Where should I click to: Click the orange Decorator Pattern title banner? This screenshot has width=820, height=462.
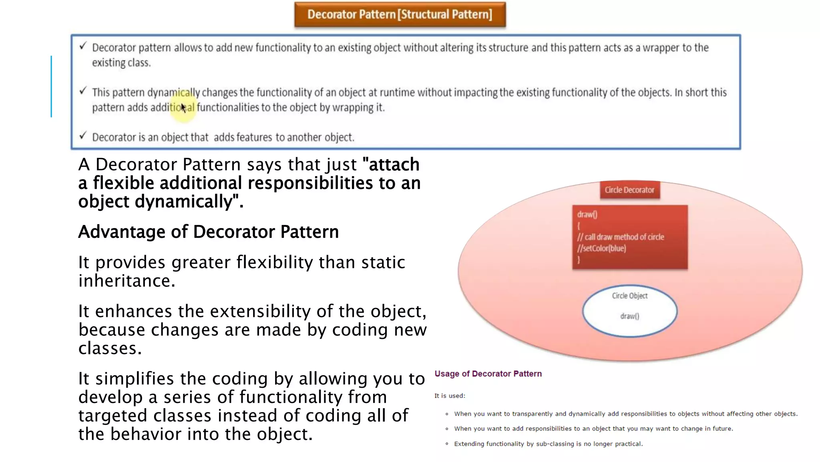point(400,14)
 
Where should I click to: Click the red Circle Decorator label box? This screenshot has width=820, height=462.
point(629,190)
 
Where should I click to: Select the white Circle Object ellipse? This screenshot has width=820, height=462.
point(629,311)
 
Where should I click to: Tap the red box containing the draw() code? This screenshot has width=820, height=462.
point(629,237)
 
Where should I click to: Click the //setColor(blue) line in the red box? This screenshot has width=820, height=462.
point(601,248)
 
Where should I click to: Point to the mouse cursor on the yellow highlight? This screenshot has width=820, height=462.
point(183,107)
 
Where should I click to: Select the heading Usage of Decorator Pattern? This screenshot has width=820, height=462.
point(488,374)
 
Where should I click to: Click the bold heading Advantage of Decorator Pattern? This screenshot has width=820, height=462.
point(208,232)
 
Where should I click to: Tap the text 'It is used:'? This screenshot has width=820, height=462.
point(450,396)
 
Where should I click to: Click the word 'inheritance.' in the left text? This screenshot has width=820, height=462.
point(127,281)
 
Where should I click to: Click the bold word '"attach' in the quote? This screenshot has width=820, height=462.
point(390,165)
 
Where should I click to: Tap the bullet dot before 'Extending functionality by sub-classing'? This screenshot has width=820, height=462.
point(447,444)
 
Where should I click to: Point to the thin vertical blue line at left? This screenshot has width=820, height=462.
point(51,86)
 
